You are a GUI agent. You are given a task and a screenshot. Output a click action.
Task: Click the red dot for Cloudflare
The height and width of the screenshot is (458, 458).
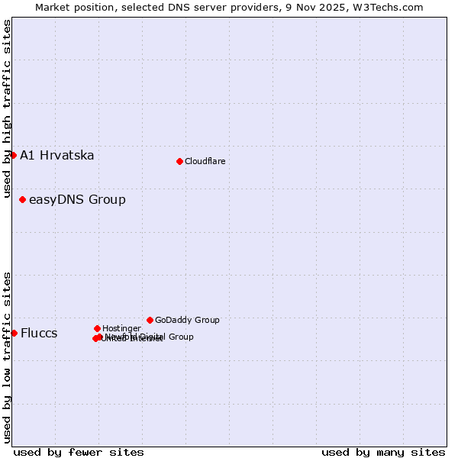click(179, 161)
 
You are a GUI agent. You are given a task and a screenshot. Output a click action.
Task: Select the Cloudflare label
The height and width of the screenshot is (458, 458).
click(205, 161)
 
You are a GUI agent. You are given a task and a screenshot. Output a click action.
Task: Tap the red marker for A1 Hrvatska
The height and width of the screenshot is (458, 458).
click(13, 155)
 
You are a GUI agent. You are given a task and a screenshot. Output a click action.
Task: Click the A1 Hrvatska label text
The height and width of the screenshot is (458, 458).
click(57, 156)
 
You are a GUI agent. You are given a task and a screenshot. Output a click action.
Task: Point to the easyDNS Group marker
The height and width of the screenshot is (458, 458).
click(22, 199)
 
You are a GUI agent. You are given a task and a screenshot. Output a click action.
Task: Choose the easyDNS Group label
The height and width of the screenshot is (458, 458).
click(77, 200)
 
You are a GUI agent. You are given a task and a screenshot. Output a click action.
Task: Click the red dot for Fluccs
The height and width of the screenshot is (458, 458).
click(14, 333)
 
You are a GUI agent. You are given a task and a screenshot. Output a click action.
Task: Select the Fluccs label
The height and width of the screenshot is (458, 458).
click(39, 334)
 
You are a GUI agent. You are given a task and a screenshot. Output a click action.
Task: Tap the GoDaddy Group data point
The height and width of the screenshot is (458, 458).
click(150, 320)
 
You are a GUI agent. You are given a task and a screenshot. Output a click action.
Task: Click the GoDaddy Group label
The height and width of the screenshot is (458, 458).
click(187, 320)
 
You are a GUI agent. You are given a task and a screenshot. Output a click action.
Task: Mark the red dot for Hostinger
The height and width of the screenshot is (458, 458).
click(97, 328)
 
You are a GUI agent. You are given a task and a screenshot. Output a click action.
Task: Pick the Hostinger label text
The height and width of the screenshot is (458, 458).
click(121, 328)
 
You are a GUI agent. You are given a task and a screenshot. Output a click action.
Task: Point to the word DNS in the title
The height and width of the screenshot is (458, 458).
click(202, 7)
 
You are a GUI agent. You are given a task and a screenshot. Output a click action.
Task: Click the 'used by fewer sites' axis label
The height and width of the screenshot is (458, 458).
click(79, 452)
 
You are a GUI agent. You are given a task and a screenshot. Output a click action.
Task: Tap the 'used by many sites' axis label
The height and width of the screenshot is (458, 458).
click(383, 452)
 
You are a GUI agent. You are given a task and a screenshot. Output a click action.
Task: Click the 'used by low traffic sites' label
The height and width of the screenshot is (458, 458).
click(7, 356)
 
